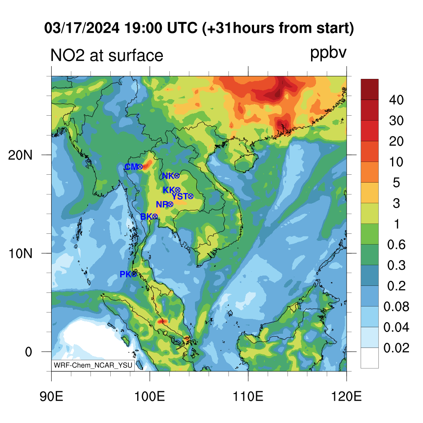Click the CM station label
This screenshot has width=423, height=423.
point(131,167)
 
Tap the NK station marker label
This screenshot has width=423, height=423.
point(169,176)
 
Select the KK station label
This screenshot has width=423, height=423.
point(169,190)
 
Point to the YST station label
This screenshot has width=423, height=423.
point(180,196)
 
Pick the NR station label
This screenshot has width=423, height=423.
point(162,204)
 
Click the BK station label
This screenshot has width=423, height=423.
point(147,216)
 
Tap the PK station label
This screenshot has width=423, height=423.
point(126,274)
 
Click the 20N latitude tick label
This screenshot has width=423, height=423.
point(20,155)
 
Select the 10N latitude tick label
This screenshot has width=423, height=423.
point(20,254)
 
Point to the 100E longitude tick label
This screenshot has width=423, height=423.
point(150,397)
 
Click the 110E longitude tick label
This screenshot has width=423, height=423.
point(248,397)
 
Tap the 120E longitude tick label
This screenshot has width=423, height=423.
point(347,397)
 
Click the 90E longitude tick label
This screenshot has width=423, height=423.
point(51,397)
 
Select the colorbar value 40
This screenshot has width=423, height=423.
point(396,100)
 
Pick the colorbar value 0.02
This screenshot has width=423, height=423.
point(396,348)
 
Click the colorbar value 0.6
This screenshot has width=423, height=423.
point(396,245)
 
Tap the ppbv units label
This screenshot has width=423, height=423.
point(328,53)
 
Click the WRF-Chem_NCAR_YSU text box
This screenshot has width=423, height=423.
point(93,365)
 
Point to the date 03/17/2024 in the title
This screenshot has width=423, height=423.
point(82,28)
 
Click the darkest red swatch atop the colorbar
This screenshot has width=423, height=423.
point(370,89)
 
